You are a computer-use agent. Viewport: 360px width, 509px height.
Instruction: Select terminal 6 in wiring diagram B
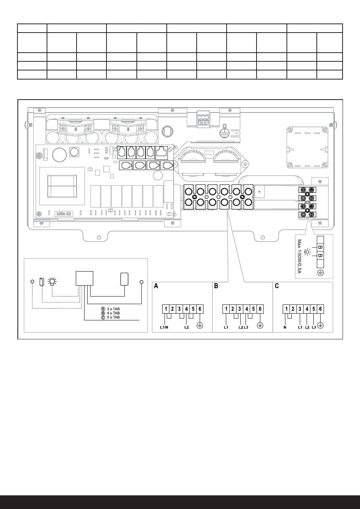(260, 309)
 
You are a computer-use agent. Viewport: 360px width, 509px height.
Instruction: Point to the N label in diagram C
(285, 327)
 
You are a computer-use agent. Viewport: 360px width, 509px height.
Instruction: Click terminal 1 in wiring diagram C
(286, 309)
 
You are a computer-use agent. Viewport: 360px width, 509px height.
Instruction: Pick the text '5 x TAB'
(113, 317)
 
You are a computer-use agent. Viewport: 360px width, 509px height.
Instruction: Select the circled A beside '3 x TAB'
(103, 309)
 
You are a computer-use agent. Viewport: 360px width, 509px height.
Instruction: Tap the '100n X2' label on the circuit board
(63, 214)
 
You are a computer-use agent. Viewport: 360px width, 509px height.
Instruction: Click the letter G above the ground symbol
(224, 126)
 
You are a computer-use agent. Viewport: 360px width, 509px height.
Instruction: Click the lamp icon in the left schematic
(52, 281)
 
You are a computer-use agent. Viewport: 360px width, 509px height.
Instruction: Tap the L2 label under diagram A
(186, 327)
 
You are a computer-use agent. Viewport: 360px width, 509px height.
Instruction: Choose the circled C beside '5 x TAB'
(103, 317)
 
